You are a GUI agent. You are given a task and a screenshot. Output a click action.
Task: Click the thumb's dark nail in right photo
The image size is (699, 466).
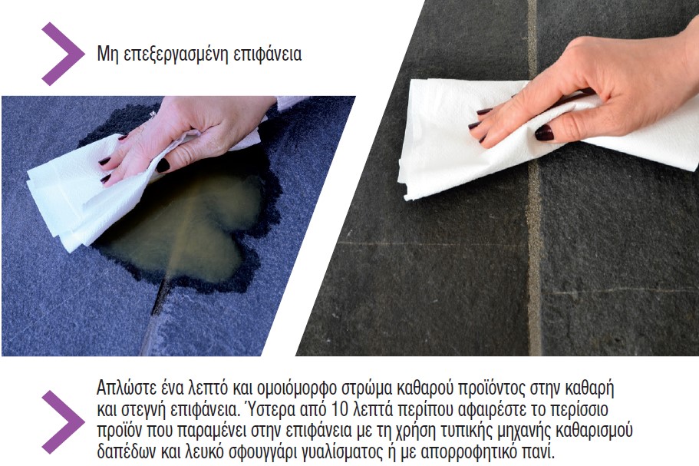point(544,133)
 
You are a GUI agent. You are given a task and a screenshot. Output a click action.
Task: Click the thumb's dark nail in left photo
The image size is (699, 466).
point(163,165)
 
